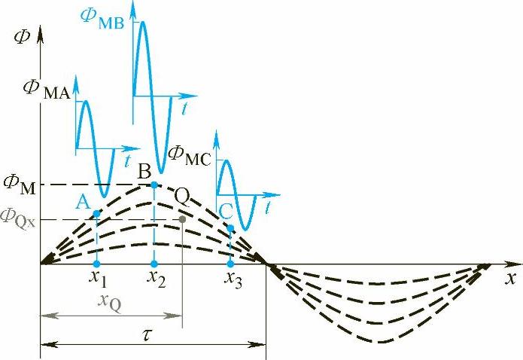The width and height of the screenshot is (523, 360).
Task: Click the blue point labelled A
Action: click(97, 215)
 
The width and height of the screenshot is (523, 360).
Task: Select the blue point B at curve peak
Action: click(154, 185)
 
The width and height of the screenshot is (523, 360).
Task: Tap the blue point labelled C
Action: click(230, 227)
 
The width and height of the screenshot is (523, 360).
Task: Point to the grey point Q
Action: click(183, 220)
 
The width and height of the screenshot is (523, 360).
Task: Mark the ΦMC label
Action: click(189, 154)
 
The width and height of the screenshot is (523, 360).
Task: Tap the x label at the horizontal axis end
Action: click(510, 279)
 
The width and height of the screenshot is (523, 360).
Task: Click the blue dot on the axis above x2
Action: click(154, 264)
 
